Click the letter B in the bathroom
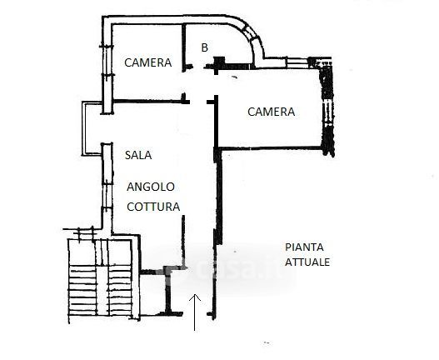(x=205, y=47)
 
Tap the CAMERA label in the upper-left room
(x=147, y=62)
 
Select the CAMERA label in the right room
(x=271, y=112)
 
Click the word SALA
(x=138, y=155)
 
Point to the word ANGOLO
(x=151, y=187)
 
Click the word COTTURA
(x=153, y=207)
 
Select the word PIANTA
(x=304, y=247)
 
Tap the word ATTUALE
(x=307, y=262)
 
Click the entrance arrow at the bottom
(x=195, y=312)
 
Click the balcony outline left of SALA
(x=83, y=128)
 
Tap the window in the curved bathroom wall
(x=251, y=33)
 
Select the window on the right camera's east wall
(x=327, y=112)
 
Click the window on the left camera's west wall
(x=107, y=61)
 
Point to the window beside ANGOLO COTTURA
(x=107, y=196)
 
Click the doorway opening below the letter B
(x=199, y=67)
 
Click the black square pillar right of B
(x=219, y=62)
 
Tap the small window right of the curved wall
(x=297, y=62)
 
